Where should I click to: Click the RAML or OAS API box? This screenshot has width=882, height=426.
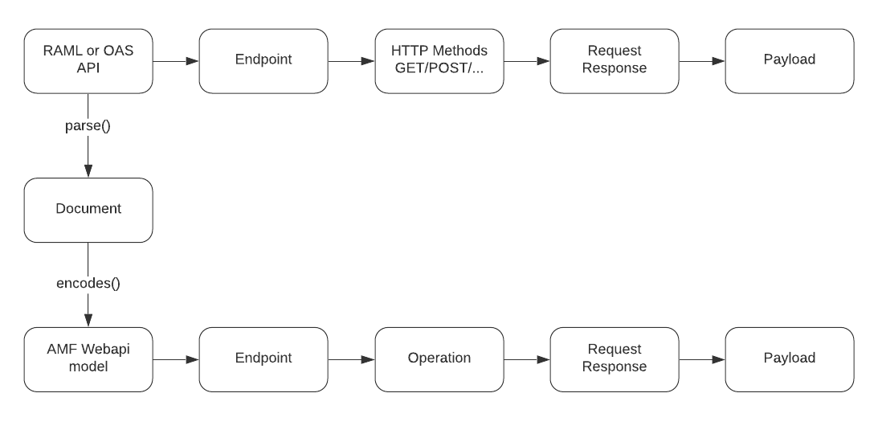[88, 61]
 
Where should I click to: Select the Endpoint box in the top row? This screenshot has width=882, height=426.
[263, 61]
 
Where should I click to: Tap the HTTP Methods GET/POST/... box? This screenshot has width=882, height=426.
[439, 61]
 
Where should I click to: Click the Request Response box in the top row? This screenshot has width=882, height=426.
[614, 61]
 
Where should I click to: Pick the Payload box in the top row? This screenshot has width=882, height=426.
[789, 61]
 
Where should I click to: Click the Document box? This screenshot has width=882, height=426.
[88, 209]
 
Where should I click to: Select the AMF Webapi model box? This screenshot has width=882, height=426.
[88, 358]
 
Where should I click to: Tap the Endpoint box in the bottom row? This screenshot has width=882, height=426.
[263, 358]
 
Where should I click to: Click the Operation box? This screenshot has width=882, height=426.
[439, 358]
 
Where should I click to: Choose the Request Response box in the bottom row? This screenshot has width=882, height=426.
[614, 358]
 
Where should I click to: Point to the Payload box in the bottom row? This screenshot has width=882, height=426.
[789, 358]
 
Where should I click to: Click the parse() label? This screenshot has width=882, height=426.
[88, 127]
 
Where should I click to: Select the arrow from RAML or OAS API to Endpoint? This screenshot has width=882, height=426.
[175, 61]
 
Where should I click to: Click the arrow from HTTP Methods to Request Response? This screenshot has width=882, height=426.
[526, 61]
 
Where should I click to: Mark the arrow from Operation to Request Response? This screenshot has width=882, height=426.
[526, 358]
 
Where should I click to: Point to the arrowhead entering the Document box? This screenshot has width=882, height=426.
[88, 170]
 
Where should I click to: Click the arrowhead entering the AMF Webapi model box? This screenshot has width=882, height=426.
[88, 319]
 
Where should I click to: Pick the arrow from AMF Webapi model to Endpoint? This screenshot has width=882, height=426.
[175, 358]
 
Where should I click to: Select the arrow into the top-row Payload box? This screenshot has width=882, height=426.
[701, 61]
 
